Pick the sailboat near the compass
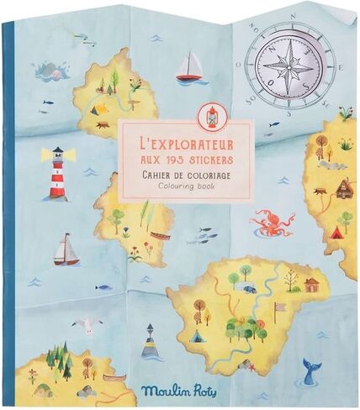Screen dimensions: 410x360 tap(193, 67)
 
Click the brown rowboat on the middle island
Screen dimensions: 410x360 tap(159, 235)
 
